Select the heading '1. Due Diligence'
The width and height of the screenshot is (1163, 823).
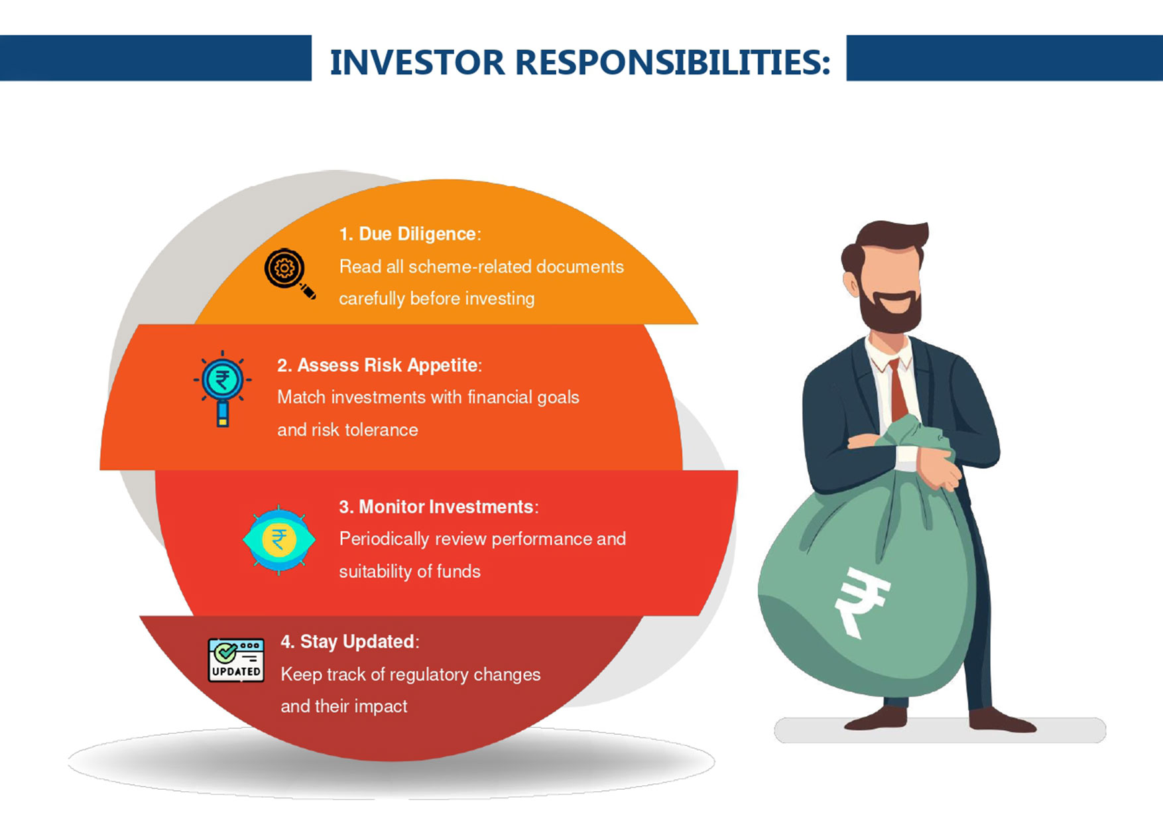[408, 234]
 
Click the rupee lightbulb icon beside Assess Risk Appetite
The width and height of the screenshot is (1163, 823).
[223, 388]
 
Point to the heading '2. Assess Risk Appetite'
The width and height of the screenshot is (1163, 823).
[377, 365]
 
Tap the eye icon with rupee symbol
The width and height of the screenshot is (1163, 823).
[278, 540]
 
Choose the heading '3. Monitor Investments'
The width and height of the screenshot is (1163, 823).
[436, 507]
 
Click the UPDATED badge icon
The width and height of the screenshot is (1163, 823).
[236, 661]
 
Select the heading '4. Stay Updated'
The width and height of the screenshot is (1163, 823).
[348, 642]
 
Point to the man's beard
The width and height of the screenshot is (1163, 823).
[890, 311]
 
